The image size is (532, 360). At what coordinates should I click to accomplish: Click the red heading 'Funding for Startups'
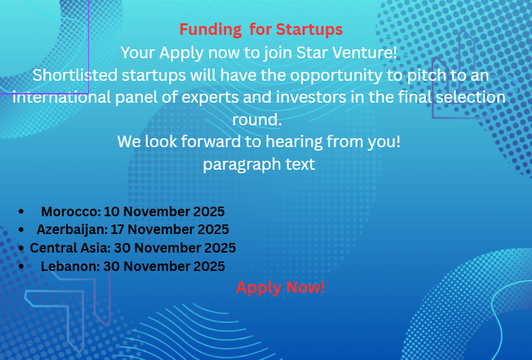(261, 30)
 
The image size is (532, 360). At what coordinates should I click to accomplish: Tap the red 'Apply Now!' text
(281, 287)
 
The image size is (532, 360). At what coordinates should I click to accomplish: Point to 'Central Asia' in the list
(68, 248)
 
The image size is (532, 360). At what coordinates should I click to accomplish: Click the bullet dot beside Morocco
(23, 212)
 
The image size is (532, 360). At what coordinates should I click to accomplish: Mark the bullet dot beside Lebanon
(23, 266)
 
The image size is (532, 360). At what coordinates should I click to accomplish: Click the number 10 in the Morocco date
(112, 212)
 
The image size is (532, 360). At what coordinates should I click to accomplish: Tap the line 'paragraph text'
(259, 164)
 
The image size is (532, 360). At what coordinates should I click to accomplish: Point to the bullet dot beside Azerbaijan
(23, 230)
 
